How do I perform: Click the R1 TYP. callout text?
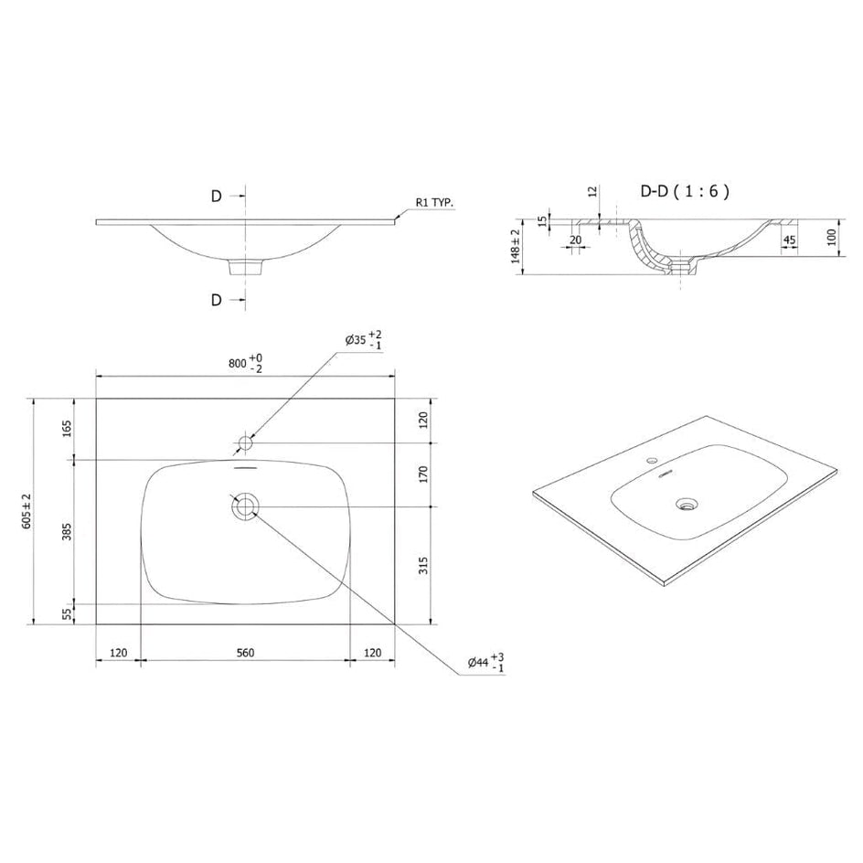(435, 203)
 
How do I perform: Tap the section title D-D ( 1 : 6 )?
(686, 191)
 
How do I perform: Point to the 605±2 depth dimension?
(27, 511)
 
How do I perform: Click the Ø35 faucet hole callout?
(363, 339)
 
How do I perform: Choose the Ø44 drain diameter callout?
(486, 662)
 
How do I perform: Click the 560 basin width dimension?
(246, 653)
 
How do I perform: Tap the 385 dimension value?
(67, 532)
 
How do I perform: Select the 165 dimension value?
(67, 428)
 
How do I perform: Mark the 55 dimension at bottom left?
(67, 613)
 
